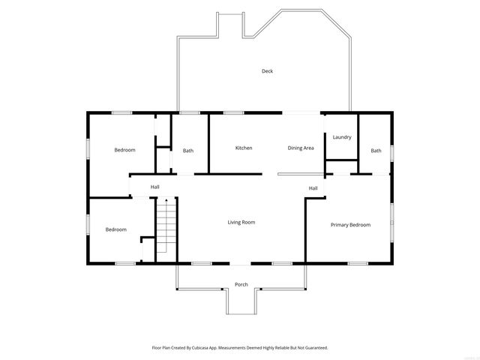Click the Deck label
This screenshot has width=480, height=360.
[x=267, y=71]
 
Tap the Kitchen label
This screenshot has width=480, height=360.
[x=244, y=148]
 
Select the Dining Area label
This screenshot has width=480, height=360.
[x=301, y=148]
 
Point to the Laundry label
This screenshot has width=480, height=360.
[x=342, y=137]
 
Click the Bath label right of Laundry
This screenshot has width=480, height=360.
[x=376, y=151]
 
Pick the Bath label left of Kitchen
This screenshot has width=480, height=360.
[x=188, y=151]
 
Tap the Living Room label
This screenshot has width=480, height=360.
[x=241, y=222]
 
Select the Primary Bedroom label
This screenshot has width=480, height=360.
[x=350, y=225]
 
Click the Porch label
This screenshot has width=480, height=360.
[x=241, y=284]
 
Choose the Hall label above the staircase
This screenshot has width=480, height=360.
[x=154, y=187]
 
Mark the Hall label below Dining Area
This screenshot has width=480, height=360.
[x=313, y=188]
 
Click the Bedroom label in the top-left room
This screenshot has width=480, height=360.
[x=124, y=150]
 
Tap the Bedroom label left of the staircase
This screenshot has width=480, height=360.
[x=115, y=229]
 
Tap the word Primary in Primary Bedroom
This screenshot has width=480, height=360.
[x=340, y=225]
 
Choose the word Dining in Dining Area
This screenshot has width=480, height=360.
[x=295, y=148]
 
